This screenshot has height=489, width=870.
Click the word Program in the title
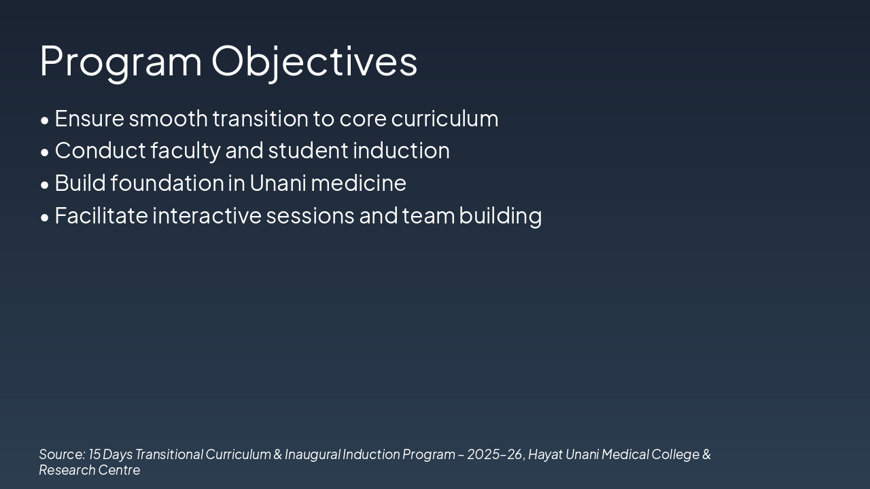click(121, 62)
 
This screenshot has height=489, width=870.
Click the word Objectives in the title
click(314, 62)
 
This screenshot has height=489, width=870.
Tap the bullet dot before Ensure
click(45, 121)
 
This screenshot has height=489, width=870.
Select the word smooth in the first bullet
click(168, 118)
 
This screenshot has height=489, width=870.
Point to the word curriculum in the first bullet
click(445, 118)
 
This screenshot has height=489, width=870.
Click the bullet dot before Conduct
click(45, 153)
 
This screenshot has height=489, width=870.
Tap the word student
click(308, 151)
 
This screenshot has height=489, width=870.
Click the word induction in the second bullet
click(401, 151)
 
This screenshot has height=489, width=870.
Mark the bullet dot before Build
click(45, 185)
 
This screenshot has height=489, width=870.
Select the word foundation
click(167, 183)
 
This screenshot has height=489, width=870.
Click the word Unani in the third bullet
click(278, 183)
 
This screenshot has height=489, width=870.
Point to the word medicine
click(358, 183)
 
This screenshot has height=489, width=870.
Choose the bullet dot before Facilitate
click(45, 218)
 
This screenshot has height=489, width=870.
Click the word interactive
click(207, 215)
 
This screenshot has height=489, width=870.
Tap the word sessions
click(311, 216)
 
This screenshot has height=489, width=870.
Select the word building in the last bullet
click(500, 216)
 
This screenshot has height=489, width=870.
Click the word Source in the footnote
click(62, 454)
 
